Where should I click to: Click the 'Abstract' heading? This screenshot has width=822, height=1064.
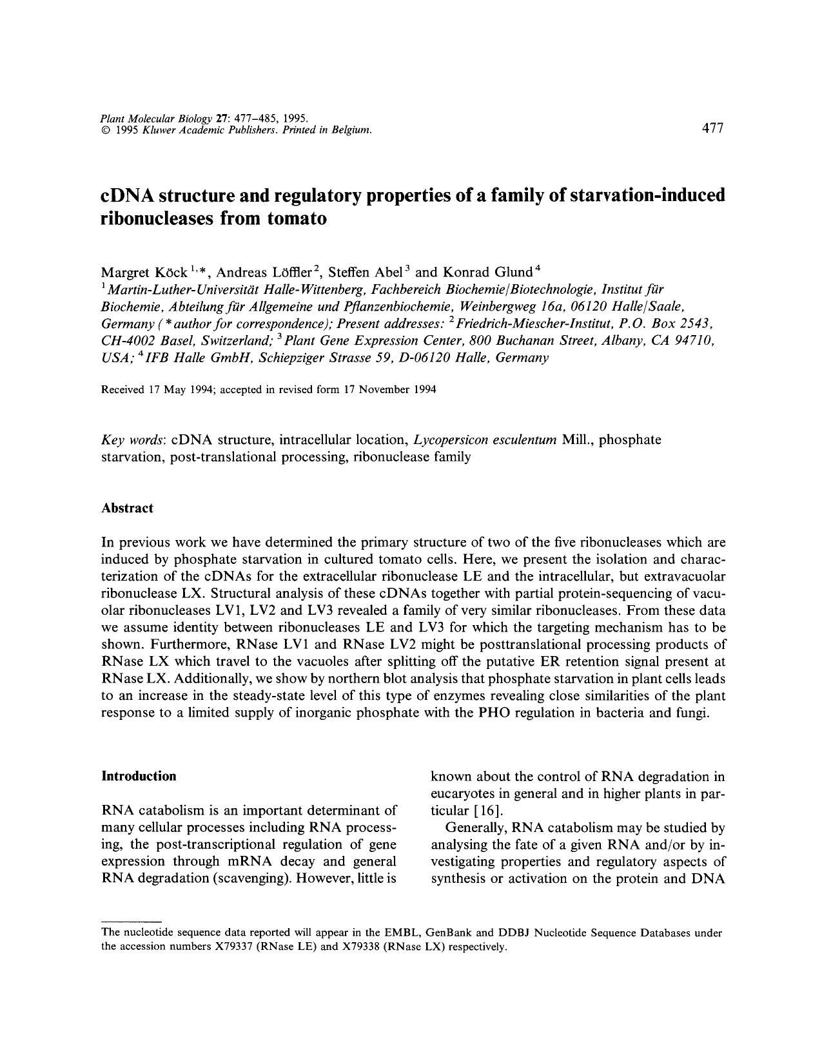[127, 508]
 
